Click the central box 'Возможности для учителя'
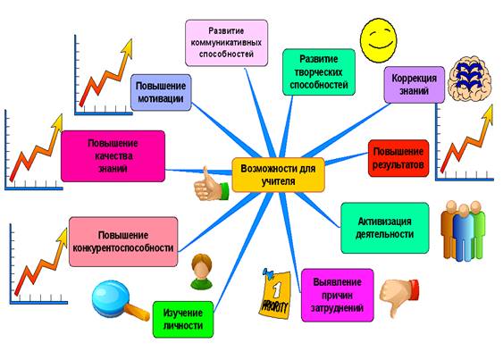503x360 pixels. click(x=278, y=175)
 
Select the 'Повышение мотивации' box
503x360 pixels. click(x=161, y=92)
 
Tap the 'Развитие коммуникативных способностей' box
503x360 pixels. click(x=226, y=43)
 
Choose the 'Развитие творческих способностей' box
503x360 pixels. click(x=319, y=72)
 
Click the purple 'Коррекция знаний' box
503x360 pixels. click(x=415, y=85)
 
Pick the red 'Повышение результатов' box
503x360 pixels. click(x=398, y=158)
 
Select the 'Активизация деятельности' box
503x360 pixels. click(x=385, y=228)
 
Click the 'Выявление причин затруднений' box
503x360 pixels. click(x=338, y=295)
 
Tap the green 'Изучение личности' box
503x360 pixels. click(x=183, y=319)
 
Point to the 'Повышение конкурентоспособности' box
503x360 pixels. click(x=123, y=241)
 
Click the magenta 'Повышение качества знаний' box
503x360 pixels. click(x=113, y=156)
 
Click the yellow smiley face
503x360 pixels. click(x=379, y=40)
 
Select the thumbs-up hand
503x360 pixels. click(x=211, y=185)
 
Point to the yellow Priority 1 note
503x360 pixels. click(x=274, y=294)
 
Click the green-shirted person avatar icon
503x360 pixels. click(x=201, y=272)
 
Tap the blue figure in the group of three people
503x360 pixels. click(x=463, y=232)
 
